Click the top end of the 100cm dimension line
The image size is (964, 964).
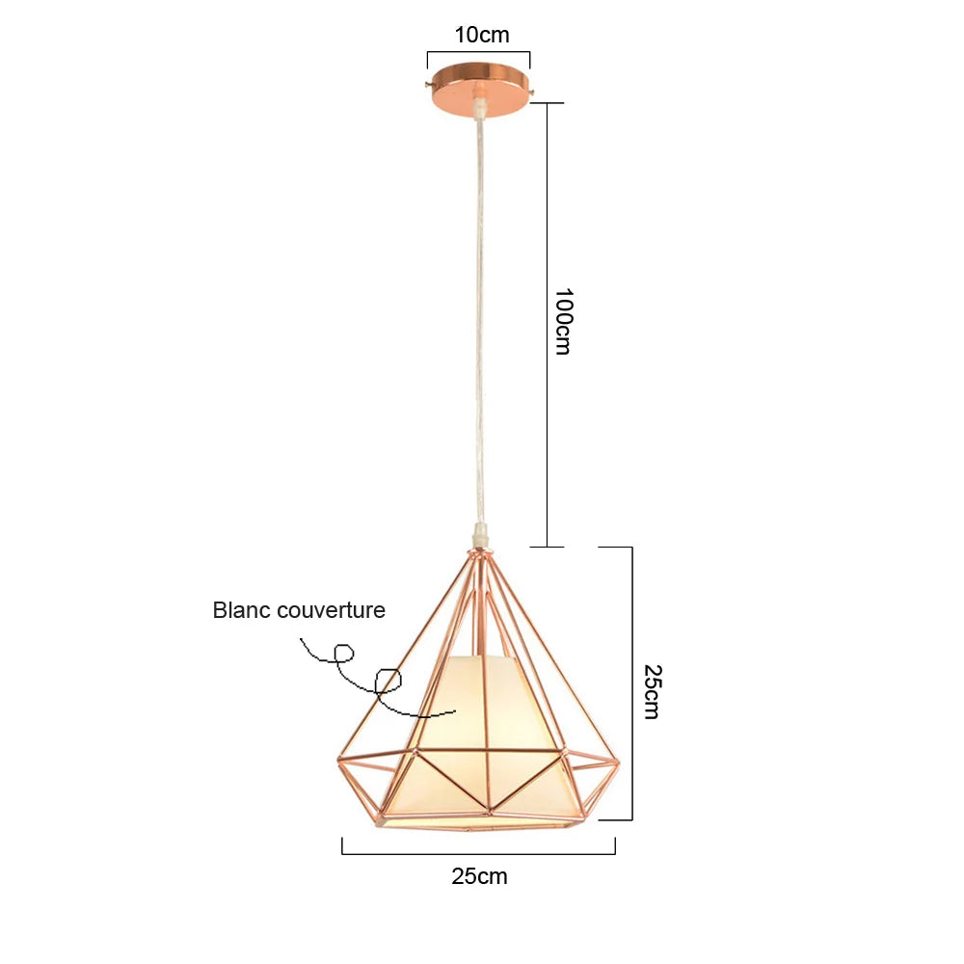click(x=548, y=103)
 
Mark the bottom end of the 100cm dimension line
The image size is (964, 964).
click(x=548, y=547)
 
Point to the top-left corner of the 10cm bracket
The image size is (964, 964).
click(x=428, y=52)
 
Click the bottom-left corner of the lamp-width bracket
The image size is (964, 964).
click(x=342, y=854)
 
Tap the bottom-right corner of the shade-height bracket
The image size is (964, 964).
click(x=632, y=819)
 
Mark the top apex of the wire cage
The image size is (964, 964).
click(x=481, y=550)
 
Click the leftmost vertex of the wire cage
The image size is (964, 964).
click(x=338, y=762)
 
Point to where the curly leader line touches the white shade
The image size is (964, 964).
click(x=455, y=711)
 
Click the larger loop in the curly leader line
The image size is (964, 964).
click(x=388, y=682)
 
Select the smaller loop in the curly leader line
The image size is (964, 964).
click(x=344, y=653)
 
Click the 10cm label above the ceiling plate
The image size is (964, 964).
click(x=482, y=35)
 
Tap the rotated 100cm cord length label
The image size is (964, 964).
click(x=563, y=321)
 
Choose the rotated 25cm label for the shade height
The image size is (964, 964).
click(x=652, y=691)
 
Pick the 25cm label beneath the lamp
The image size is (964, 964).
click(x=479, y=876)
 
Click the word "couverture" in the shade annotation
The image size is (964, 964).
click(x=331, y=610)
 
